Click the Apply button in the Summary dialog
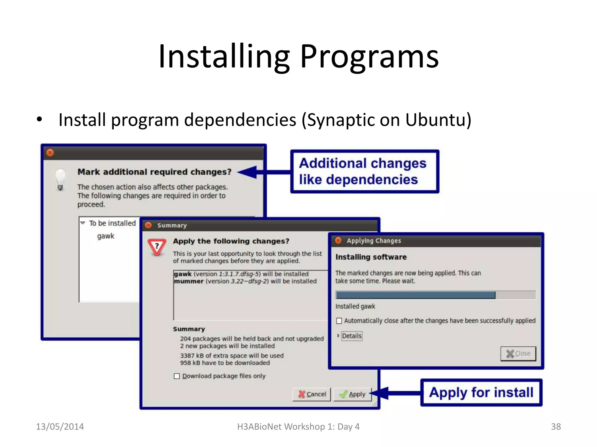click(x=352, y=394)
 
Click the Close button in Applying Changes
click(x=518, y=354)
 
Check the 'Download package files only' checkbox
click(x=177, y=376)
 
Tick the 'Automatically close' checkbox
click(x=339, y=321)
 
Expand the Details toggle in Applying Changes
click(x=338, y=336)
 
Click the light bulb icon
click(x=60, y=179)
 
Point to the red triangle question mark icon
click(x=157, y=247)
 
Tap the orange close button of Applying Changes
click(x=338, y=240)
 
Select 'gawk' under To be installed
click(x=106, y=236)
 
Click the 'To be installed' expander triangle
click(x=83, y=223)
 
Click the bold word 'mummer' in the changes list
click(x=189, y=281)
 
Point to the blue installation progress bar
click(x=415, y=295)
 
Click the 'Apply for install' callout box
click(x=481, y=392)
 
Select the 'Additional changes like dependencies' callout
click(x=364, y=171)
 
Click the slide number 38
click(x=556, y=427)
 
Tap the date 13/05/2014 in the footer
click(x=60, y=427)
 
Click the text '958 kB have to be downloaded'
click(x=225, y=363)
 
